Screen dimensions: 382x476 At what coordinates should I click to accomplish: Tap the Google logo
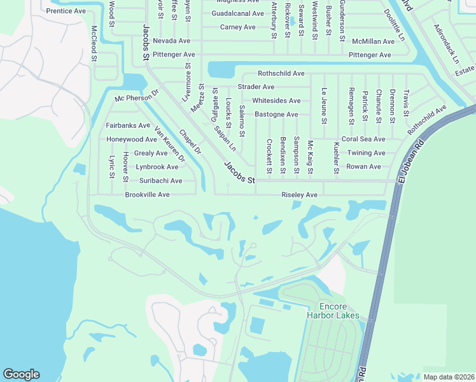pyautogui.click(x=21, y=374)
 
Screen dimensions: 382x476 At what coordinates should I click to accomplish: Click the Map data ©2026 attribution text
pyautogui.click(x=448, y=377)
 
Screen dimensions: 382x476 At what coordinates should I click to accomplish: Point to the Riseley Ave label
pyautogui.click(x=299, y=195)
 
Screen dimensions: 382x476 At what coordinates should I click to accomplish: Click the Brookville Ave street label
pyautogui.click(x=147, y=194)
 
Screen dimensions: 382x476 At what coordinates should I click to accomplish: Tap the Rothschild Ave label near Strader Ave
pyautogui.click(x=281, y=74)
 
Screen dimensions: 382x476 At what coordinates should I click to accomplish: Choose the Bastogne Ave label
pyautogui.click(x=276, y=115)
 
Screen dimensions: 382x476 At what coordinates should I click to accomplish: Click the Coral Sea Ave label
pyautogui.click(x=363, y=139)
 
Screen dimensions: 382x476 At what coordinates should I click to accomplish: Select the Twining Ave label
pyautogui.click(x=366, y=153)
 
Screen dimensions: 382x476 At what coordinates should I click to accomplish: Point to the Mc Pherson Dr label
pyautogui.click(x=136, y=95)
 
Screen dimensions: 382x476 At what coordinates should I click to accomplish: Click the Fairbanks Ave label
pyautogui.click(x=128, y=125)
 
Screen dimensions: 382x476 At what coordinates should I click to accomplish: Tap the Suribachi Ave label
pyautogui.click(x=160, y=181)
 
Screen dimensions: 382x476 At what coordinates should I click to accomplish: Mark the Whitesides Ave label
pyautogui.click(x=276, y=101)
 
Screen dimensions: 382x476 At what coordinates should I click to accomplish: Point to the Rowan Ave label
pyautogui.click(x=363, y=167)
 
